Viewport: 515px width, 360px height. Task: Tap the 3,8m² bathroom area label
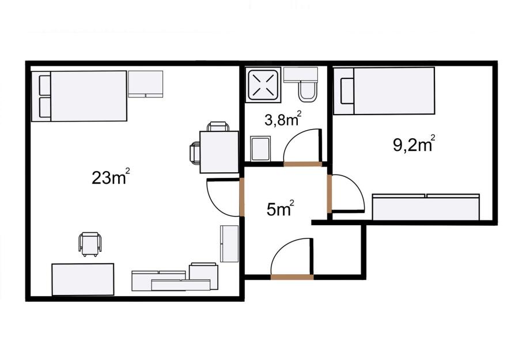coord(283,119)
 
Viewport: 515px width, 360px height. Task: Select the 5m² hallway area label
coord(280,209)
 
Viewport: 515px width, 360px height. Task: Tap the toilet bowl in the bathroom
coord(308,91)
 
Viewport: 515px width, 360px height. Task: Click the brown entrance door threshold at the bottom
coord(292,277)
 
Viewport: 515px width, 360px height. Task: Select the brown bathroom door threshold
coord(302,164)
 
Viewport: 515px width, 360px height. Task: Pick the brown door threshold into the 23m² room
coord(242,197)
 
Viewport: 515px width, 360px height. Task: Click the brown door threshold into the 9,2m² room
coord(330,194)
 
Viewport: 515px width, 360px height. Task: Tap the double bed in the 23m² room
coord(79,96)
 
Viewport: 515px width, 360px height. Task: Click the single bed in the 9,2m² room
coord(384,91)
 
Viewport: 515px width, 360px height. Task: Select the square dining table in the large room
coord(219,151)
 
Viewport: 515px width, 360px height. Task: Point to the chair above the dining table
coord(218,127)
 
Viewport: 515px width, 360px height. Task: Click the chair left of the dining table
coord(195,153)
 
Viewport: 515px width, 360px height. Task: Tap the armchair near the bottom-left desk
coord(90,244)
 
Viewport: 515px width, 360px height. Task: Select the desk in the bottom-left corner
coord(83,279)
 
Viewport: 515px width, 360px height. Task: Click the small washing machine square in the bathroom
coord(260,149)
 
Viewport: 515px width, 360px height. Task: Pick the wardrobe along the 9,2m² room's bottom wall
coord(426,207)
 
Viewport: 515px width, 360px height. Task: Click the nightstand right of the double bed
coord(146,84)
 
